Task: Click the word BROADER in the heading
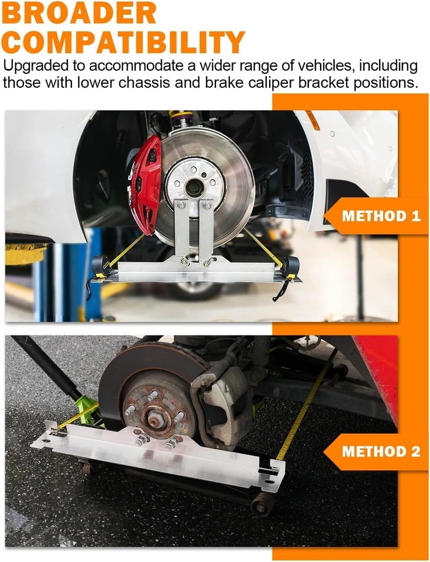pos(79,13)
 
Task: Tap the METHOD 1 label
pos(381,216)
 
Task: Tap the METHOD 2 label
pos(381,451)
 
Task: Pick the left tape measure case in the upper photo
pos(101,266)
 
